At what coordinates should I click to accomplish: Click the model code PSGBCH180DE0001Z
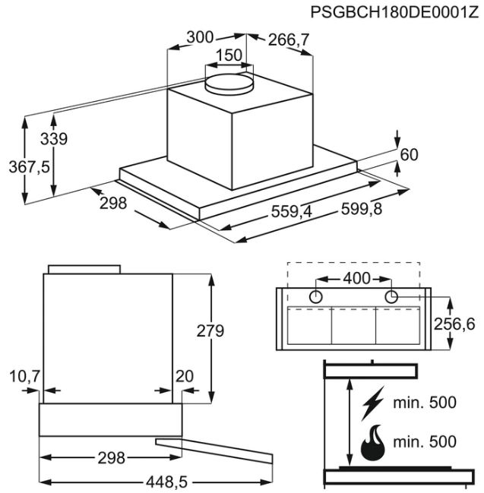click(x=394, y=12)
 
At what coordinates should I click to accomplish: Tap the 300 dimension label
click(x=200, y=37)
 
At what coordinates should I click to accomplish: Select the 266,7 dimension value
click(x=289, y=40)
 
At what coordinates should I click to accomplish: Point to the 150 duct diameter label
click(x=229, y=55)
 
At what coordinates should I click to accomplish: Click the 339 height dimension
click(x=54, y=139)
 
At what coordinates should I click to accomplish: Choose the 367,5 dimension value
click(x=29, y=166)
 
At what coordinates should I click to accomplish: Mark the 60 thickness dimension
click(x=409, y=155)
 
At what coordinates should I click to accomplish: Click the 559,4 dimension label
click(x=292, y=211)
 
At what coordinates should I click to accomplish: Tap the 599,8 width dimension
click(x=362, y=208)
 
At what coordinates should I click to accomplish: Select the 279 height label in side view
click(x=210, y=330)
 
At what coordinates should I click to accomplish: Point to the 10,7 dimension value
click(x=24, y=376)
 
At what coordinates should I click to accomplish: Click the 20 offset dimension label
click(x=185, y=376)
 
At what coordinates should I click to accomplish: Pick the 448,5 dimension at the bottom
click(x=166, y=482)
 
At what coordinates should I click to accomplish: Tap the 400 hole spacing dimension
click(x=356, y=278)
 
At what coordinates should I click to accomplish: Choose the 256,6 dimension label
click(x=454, y=324)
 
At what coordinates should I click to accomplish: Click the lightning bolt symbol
click(x=372, y=403)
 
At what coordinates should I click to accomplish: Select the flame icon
click(x=373, y=443)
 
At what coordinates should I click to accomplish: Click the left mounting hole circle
click(x=315, y=297)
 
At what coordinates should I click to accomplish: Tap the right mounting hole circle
click(x=391, y=297)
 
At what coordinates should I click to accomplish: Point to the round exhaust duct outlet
click(x=229, y=84)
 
